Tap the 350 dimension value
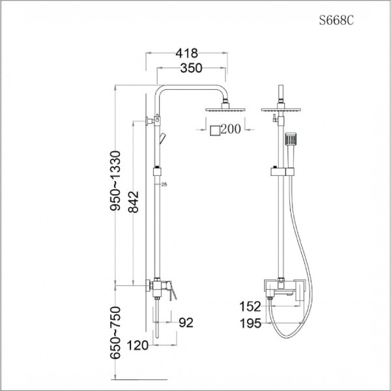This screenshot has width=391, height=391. point(187,68)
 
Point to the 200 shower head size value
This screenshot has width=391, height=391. point(231,129)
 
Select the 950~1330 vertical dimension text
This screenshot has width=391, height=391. point(116,181)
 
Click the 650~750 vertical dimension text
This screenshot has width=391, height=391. point(116,334)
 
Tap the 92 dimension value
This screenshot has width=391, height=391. point(186,321)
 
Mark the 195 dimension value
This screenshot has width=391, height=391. point(251,323)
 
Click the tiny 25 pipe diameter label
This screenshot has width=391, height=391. point(164,186)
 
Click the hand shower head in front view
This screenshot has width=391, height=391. point(291,140)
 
